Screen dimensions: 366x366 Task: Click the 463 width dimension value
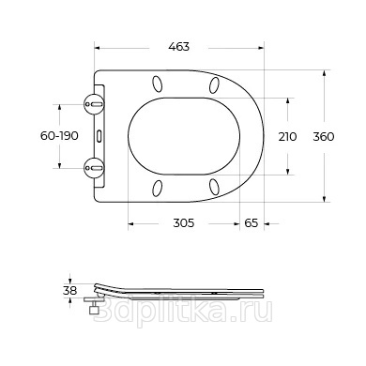tap(179, 47)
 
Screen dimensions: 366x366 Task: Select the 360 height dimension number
tap(324, 137)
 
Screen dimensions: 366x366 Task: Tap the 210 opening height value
tap(287, 137)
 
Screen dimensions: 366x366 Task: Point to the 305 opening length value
tap(184, 223)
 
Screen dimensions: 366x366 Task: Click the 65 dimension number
tap(252, 223)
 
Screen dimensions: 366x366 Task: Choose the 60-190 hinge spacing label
tap(59, 136)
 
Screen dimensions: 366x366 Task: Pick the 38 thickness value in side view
tap(69, 291)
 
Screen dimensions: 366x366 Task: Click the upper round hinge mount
tap(94, 104)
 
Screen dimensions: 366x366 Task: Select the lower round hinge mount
tap(94, 168)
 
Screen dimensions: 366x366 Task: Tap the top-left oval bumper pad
tap(158, 84)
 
